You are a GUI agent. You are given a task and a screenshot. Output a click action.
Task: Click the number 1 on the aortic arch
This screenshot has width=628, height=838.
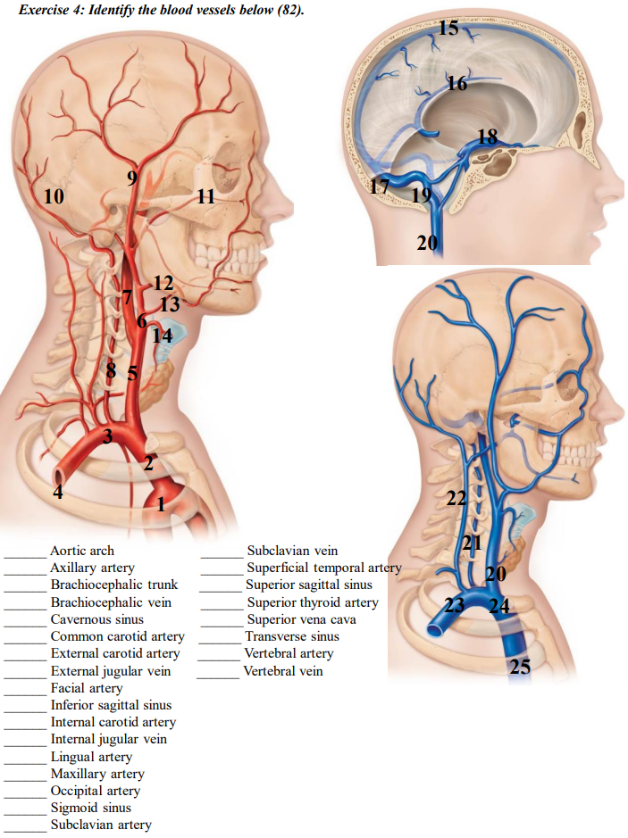[161, 505]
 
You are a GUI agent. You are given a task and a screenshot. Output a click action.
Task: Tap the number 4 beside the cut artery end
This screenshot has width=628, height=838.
[58, 492]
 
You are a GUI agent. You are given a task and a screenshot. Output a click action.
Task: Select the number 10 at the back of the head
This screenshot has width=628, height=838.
[54, 196]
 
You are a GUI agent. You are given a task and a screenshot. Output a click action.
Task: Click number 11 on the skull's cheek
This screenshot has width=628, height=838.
[206, 196]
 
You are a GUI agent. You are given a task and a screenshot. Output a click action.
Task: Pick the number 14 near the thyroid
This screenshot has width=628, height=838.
[162, 336]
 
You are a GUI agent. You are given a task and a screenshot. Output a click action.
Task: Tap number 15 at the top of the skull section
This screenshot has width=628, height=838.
[449, 28]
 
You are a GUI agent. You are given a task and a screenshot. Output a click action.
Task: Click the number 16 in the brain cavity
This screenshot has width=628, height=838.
[456, 84]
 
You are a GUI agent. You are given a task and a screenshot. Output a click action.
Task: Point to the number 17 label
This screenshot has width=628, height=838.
[380, 187]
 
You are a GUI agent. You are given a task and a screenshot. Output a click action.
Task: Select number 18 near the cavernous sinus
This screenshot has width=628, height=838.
[487, 137]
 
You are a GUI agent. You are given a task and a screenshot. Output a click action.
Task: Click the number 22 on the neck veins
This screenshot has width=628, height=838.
[456, 499]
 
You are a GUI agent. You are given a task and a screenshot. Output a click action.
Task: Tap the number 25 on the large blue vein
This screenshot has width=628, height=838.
[521, 666]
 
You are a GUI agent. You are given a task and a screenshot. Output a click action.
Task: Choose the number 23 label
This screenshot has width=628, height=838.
[455, 605]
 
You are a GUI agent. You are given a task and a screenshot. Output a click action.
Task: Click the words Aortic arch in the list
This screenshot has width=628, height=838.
[82, 551]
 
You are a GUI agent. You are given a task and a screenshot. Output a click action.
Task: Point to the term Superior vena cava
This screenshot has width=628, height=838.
[301, 619]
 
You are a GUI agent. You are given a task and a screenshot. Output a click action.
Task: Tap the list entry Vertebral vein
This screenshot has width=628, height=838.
[283, 671]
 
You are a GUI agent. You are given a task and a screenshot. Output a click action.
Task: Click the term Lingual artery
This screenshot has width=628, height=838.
[91, 757]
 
